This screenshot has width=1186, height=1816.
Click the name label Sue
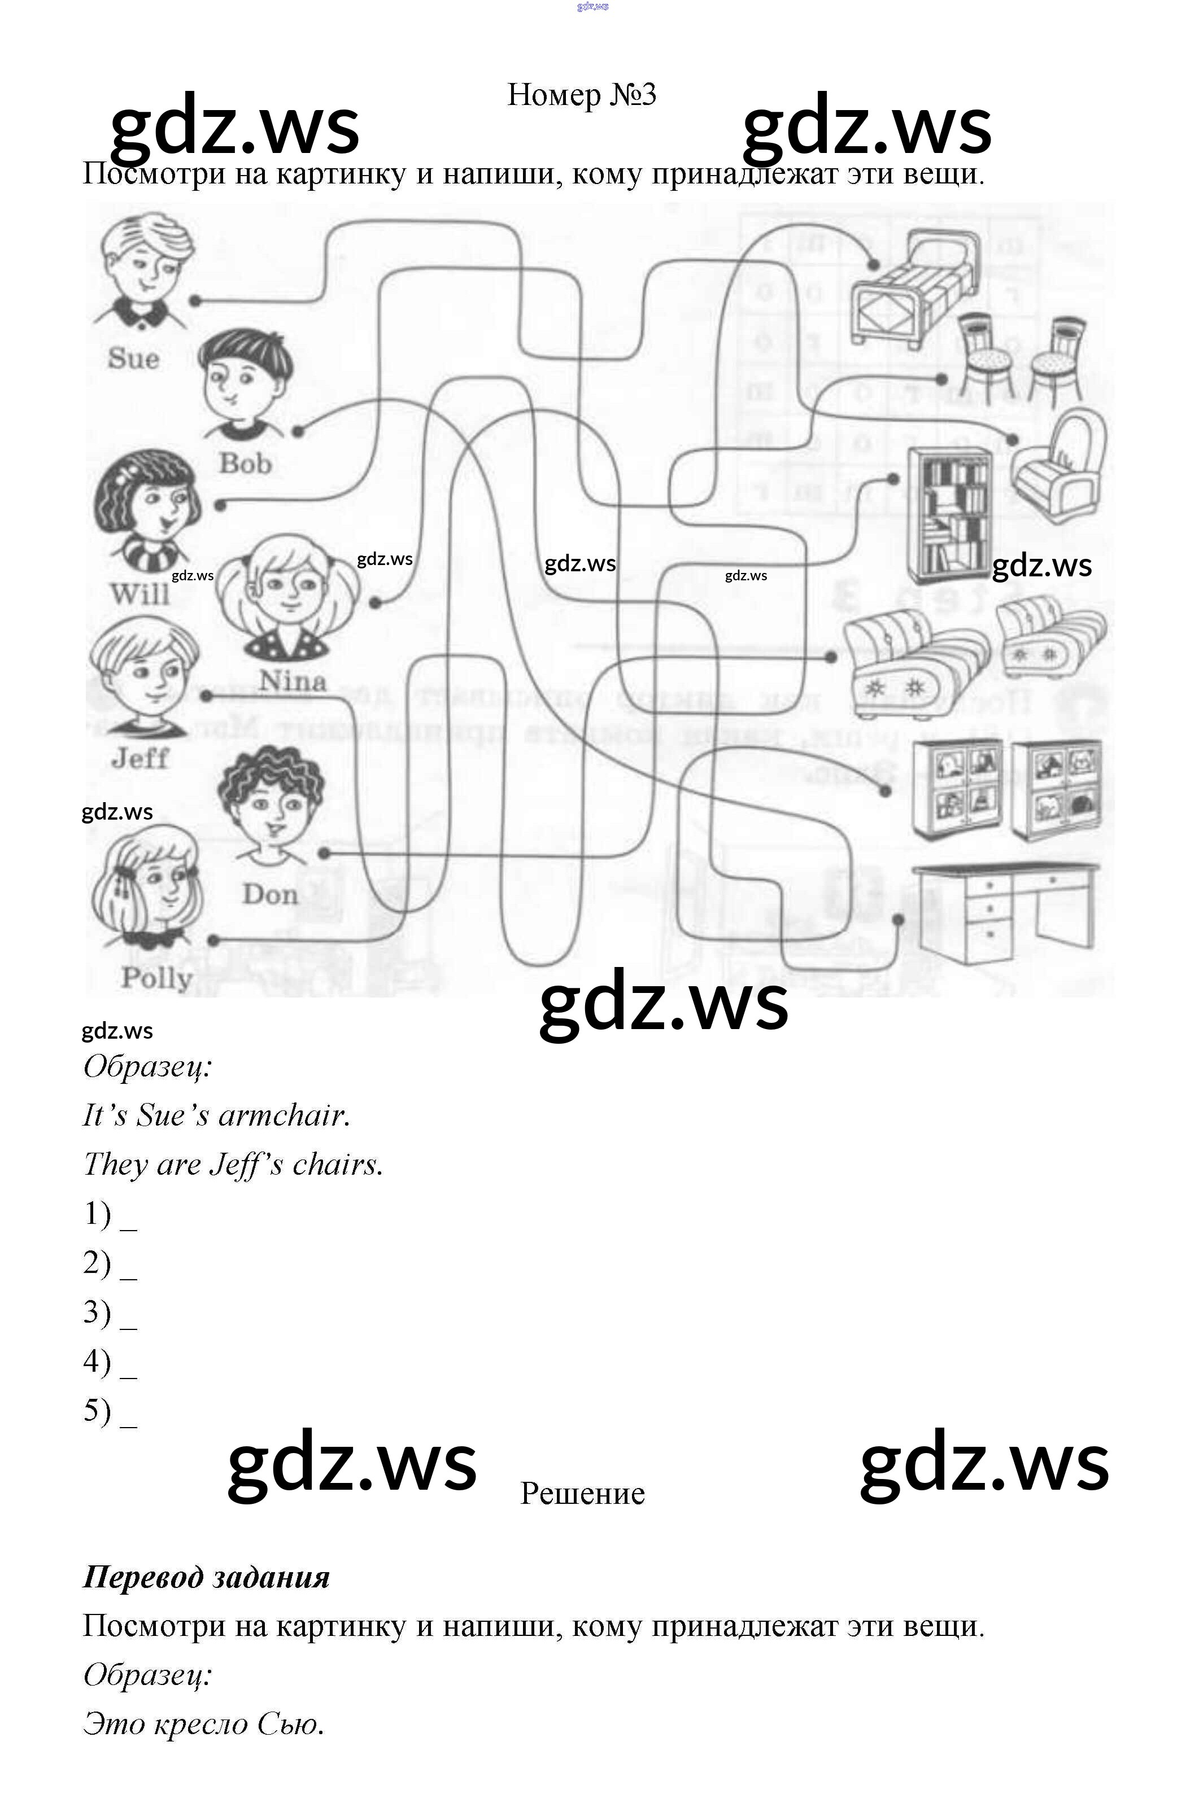[x=133, y=358]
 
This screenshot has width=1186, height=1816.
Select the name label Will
[x=139, y=593]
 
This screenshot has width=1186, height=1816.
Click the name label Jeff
[x=139, y=758]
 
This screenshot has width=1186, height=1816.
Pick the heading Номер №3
[x=582, y=95]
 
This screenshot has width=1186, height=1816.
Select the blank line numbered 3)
[x=128, y=1312]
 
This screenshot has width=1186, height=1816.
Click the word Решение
[x=582, y=1493]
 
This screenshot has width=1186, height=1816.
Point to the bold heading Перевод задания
[x=206, y=1577]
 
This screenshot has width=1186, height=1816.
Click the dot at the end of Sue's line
[x=195, y=301]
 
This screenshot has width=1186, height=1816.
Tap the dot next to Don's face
[x=324, y=852]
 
